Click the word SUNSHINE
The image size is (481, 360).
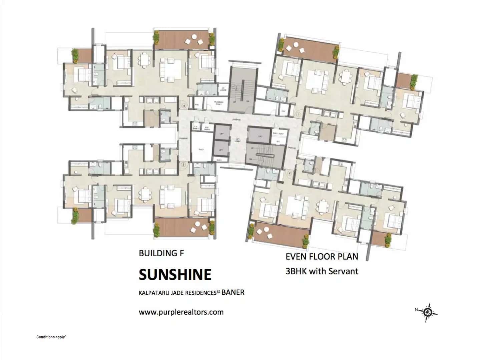pyautogui.click(x=175, y=275)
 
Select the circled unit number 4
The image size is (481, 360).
pyautogui.click(x=184, y=106)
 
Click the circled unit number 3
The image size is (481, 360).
pyautogui.click(x=183, y=164)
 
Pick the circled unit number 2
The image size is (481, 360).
pyautogui.click(x=289, y=173)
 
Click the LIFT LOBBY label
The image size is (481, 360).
pyautogui.click(x=238, y=140)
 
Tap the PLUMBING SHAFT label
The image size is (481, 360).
pyautogui.click(x=218, y=103)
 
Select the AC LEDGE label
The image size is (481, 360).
pyautogui.click(x=223, y=89)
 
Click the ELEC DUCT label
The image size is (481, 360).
pyautogui.click(x=278, y=133)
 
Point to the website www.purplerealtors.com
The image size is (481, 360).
pyautogui.click(x=181, y=312)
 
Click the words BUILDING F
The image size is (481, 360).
pyautogui.click(x=161, y=253)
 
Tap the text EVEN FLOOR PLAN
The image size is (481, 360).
pyautogui.click(x=322, y=257)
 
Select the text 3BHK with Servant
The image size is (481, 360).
pyautogui.click(x=322, y=271)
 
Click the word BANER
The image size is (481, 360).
pyautogui.click(x=233, y=293)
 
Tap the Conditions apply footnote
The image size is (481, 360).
pyautogui.click(x=51, y=337)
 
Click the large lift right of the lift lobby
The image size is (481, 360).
pyautogui.click(x=260, y=136)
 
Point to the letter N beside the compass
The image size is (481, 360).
pyautogui.click(x=416, y=310)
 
